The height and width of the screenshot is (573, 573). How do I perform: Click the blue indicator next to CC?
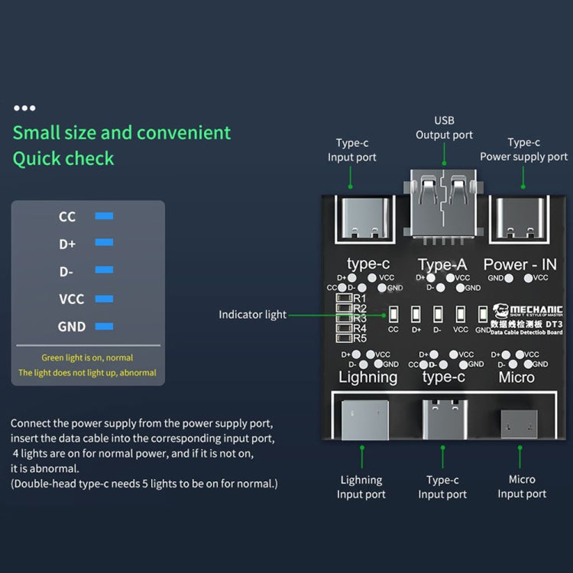click(x=104, y=216)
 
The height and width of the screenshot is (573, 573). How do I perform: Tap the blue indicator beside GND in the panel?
click(x=104, y=326)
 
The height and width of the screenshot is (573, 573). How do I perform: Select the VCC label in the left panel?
click(x=72, y=299)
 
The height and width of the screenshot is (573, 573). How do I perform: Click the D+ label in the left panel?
click(x=67, y=244)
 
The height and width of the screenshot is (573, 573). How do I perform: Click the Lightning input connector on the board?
click(x=361, y=422)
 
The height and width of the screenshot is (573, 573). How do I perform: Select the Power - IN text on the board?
click(x=520, y=264)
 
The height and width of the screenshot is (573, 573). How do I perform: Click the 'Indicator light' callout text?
click(x=253, y=314)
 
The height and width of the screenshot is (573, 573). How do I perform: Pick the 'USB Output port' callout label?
click(x=444, y=128)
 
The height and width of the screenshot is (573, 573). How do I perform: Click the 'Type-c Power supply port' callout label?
click(x=524, y=149)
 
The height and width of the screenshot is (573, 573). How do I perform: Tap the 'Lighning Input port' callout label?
click(x=361, y=487)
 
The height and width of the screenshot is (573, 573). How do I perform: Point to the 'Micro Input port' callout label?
click(x=522, y=487)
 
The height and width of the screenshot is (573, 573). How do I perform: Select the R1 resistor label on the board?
click(x=359, y=298)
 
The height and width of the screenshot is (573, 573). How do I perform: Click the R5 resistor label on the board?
click(x=359, y=338)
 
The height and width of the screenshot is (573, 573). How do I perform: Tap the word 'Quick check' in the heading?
click(x=63, y=159)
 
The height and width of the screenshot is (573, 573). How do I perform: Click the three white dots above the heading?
click(x=24, y=108)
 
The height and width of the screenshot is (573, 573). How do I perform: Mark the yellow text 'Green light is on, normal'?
click(x=87, y=358)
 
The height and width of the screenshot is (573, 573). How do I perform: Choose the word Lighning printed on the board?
click(x=368, y=377)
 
